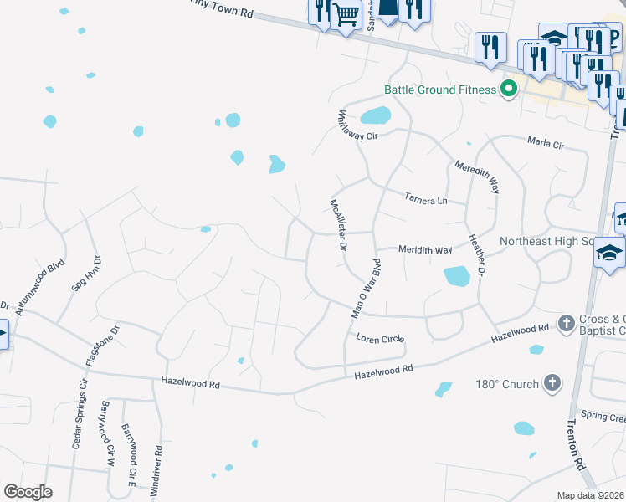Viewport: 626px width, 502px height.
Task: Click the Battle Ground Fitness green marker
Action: pos(508,89)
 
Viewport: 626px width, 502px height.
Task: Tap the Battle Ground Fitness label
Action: pos(441,90)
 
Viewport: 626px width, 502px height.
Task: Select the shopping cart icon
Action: pos(346,14)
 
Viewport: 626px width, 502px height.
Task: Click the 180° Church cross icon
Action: pos(552,384)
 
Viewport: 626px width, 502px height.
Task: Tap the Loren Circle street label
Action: pos(380,339)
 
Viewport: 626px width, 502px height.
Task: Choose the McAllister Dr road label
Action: pos(338,225)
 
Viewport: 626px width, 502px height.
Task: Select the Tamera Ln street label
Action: pos(425,200)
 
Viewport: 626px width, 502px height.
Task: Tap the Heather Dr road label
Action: pos(477,255)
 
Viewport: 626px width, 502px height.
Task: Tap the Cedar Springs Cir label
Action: pos(79,416)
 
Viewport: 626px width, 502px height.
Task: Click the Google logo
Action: pos(28,492)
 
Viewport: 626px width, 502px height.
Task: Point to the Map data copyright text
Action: pos(591,495)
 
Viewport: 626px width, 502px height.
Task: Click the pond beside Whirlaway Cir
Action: pos(377,115)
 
